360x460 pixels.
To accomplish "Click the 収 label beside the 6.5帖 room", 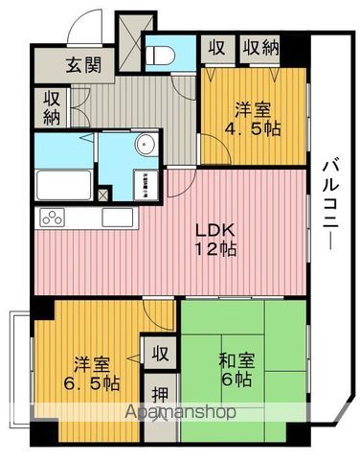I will point(159,352).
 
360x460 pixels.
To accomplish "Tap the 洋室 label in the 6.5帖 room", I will point(91,363).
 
